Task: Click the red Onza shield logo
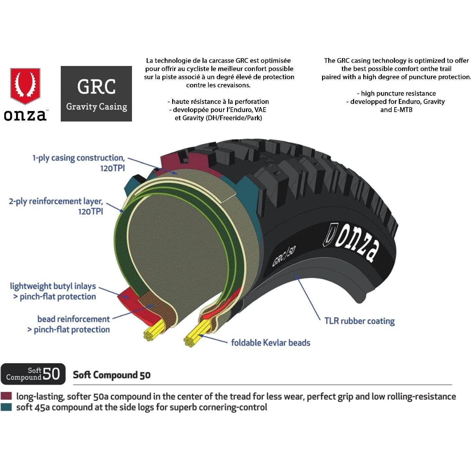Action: pos(25,86)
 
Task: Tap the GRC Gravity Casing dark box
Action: pos(96,94)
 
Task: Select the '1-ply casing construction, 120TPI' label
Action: pos(79,163)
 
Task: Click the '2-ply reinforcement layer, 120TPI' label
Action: pos(56,206)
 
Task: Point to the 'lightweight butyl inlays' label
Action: pos(53,286)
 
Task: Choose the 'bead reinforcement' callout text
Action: pos(73,319)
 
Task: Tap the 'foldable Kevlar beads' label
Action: pos(270,343)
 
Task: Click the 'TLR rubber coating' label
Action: pos(359,321)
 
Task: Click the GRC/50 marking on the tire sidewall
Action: pos(284,256)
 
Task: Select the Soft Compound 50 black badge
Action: pos(33,374)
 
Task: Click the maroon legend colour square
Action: pos(6,397)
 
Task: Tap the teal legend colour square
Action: pos(6,407)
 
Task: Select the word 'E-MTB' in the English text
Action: pos(403,110)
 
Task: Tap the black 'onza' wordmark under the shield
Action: pos(25,115)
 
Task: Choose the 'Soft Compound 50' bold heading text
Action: pos(111,375)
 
